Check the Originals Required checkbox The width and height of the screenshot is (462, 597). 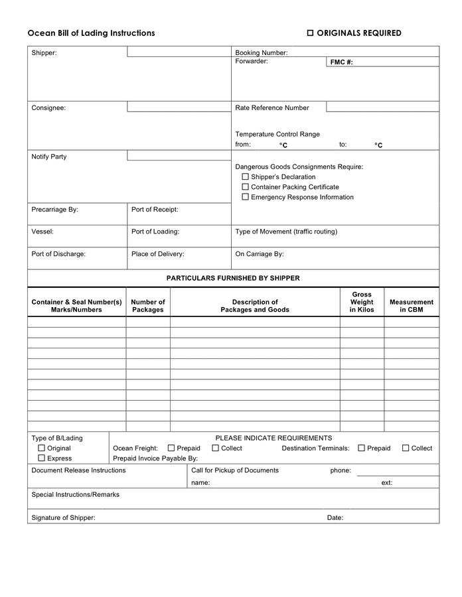[310, 33]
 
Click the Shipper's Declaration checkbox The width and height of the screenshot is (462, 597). [245, 177]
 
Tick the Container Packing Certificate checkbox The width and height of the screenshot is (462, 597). [245, 187]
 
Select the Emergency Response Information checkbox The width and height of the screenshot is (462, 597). [245, 197]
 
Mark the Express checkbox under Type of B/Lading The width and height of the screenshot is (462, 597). [41, 458]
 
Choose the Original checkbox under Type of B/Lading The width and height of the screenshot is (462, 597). [41, 448]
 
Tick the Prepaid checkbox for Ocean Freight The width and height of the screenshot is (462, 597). [171, 448]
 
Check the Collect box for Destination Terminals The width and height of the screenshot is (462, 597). [406, 448]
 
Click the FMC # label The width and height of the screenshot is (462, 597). [341, 62]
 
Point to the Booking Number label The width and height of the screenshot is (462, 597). [262, 52]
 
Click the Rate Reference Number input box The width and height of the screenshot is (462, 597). [382, 107]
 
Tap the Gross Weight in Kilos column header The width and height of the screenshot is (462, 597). [362, 302]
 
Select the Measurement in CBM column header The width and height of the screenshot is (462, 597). [412, 306]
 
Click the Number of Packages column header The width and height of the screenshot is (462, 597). [148, 306]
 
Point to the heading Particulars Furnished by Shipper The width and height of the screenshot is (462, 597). [233, 278]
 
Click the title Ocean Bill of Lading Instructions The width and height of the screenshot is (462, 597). [91, 33]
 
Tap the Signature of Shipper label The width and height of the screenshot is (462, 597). [63, 517]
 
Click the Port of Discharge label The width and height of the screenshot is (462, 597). [58, 253]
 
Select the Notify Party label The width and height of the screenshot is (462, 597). [49, 157]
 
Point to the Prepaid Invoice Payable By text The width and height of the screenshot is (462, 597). [155, 458]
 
